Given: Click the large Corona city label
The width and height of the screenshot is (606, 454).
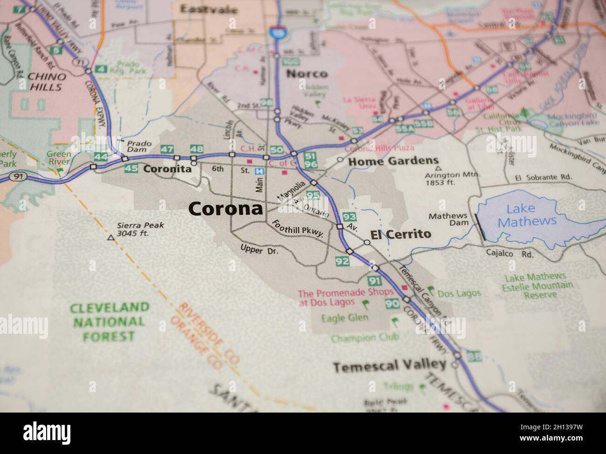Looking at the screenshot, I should pyautogui.click(x=226, y=209).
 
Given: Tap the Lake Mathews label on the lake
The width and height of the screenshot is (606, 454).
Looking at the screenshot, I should pyautogui.click(x=527, y=215).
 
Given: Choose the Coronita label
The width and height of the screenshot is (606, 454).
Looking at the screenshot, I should pyautogui.click(x=167, y=169).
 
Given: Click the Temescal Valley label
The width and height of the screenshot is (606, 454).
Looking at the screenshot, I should pyautogui.click(x=390, y=366).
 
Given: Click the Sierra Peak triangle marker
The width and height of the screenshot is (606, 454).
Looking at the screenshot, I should pyautogui.click(x=110, y=238).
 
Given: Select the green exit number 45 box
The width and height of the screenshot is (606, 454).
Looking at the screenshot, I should pyautogui.click(x=131, y=169).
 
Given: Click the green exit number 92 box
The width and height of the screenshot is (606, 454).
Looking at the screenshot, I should pyautogui.click(x=342, y=261).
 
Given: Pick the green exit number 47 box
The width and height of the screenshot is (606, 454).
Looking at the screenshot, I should pyautogui.click(x=166, y=149).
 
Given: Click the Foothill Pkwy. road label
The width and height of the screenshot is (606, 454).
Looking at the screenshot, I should pyautogui.click(x=298, y=229).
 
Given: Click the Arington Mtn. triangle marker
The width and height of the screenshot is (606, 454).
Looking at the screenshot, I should pyautogui.click(x=437, y=169).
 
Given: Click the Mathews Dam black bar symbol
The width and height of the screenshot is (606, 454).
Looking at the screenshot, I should pyautogui.click(x=481, y=227).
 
